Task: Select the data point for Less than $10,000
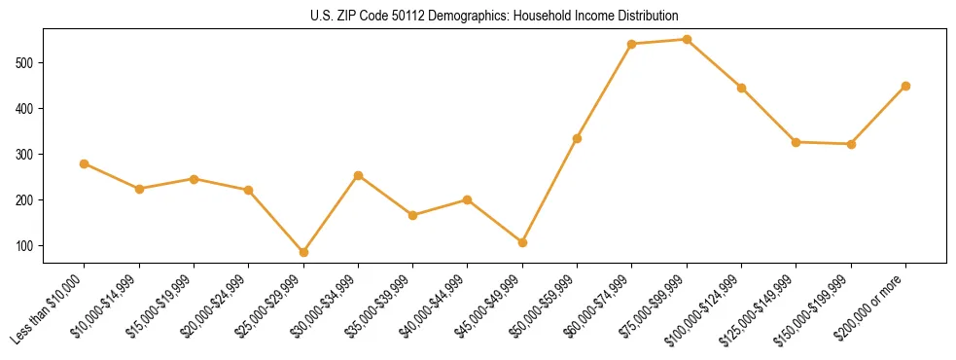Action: [x=85, y=163]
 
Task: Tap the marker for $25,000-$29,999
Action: [x=303, y=252]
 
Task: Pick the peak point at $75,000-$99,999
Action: [x=687, y=40]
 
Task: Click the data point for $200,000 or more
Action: [x=905, y=86]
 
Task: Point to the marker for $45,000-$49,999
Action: [x=522, y=242]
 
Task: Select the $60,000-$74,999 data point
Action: [x=632, y=44]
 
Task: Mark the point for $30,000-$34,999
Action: [x=358, y=176]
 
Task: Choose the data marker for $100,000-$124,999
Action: [x=741, y=88]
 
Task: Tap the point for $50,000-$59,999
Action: [x=577, y=138]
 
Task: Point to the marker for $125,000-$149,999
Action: [x=796, y=142]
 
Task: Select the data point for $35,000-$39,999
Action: [x=412, y=215]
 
